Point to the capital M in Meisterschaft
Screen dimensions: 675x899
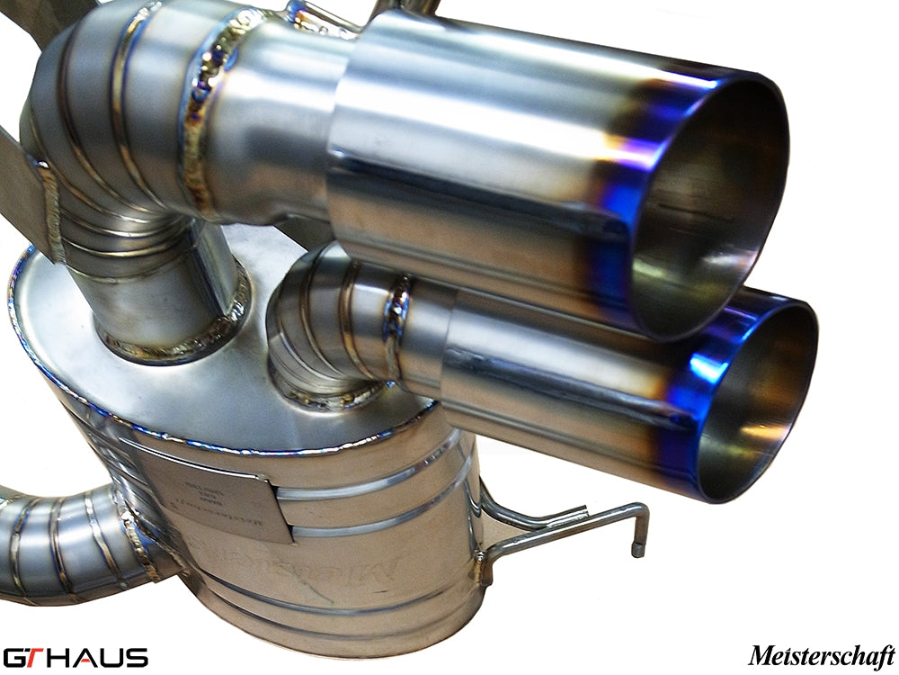760,654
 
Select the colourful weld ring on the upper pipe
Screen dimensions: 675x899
202,126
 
